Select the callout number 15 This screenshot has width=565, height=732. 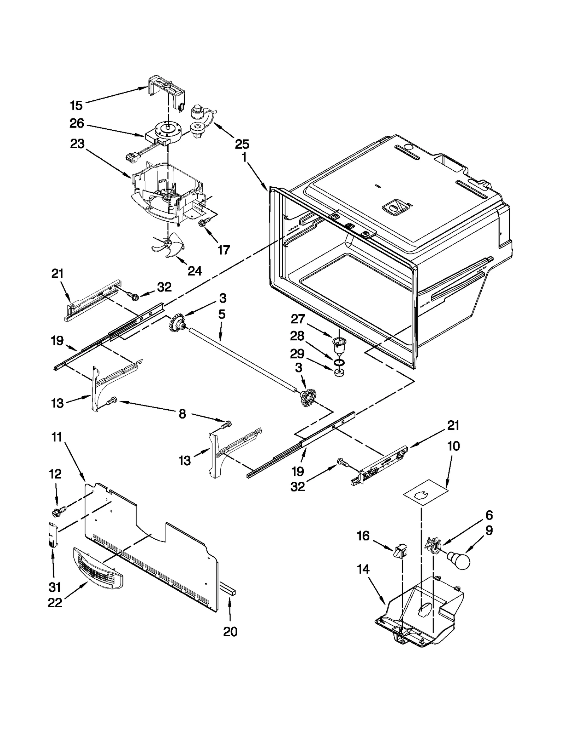(x=76, y=105)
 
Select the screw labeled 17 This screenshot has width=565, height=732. (x=204, y=222)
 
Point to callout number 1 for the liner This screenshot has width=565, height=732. (x=244, y=157)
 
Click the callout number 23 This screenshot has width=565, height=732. (x=77, y=144)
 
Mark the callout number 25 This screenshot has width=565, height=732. (x=242, y=144)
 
